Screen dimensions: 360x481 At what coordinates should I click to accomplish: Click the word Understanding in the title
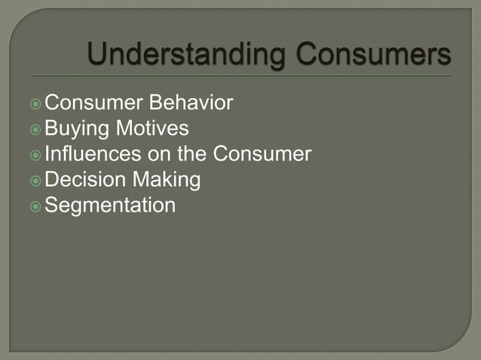click(x=186, y=55)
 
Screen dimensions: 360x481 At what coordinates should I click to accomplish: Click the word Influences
click(x=93, y=154)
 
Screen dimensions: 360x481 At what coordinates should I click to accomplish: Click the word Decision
click(x=84, y=180)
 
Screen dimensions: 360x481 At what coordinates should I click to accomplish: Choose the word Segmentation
click(x=110, y=206)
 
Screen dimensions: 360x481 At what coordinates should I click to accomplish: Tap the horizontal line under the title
click(x=241, y=76)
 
